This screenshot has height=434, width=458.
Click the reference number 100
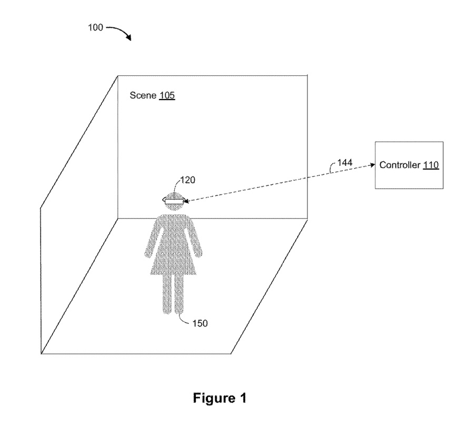(x=96, y=28)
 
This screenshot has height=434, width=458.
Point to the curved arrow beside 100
(x=121, y=33)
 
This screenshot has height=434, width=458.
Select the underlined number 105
(x=167, y=96)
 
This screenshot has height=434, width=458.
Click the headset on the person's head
(x=174, y=200)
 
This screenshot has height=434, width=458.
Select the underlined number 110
(x=431, y=165)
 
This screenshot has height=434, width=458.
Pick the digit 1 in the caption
(x=242, y=398)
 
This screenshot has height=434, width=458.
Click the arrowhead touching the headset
(x=187, y=200)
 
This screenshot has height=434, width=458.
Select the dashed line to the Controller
(x=279, y=182)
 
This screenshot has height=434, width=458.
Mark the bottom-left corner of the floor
(x=41, y=353)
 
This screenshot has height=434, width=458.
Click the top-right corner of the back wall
(x=308, y=75)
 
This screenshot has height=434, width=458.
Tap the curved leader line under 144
(x=332, y=169)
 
